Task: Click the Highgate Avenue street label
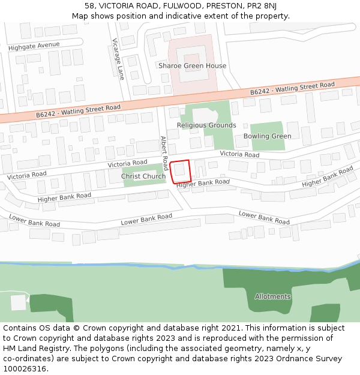click(x=34, y=46)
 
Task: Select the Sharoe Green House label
click(x=192, y=65)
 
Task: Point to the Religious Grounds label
click(x=206, y=125)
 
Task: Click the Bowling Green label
click(x=267, y=136)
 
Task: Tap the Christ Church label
click(x=143, y=176)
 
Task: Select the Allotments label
click(x=272, y=296)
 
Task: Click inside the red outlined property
click(x=181, y=171)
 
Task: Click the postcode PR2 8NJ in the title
click(x=261, y=5)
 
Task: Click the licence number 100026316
click(x=25, y=369)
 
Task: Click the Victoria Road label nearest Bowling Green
click(x=239, y=154)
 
